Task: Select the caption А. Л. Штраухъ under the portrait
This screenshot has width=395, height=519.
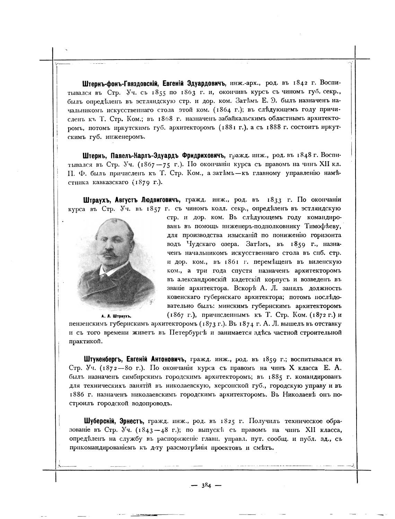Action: tap(118, 316)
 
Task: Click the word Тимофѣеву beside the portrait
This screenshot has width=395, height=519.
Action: tap(323, 227)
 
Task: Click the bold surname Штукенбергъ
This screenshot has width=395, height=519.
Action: tap(103, 359)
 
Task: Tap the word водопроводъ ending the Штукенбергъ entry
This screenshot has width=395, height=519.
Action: tap(151, 404)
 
